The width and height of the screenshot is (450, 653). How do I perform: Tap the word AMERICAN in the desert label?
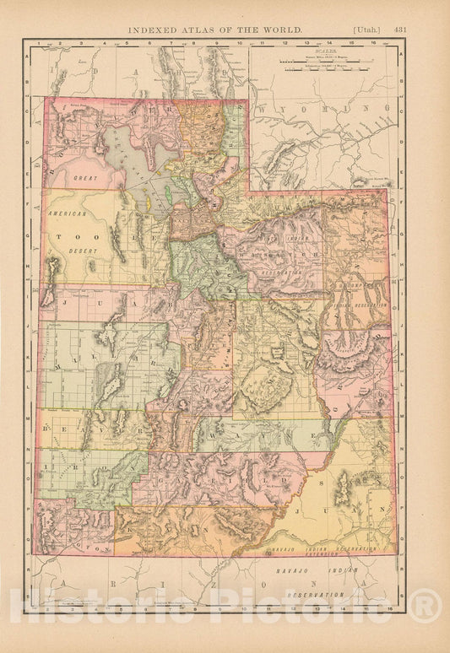[68, 214]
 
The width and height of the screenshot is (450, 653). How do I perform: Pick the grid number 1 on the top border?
[40, 41]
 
